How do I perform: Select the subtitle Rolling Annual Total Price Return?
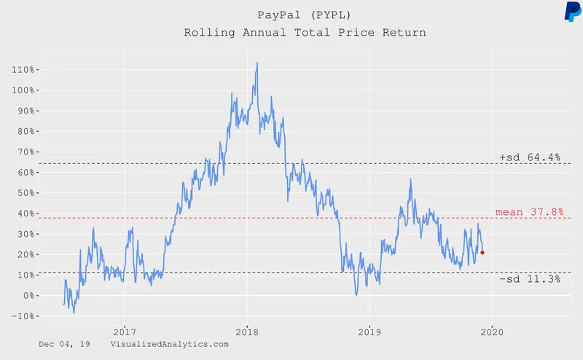304,33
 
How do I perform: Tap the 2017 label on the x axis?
125,328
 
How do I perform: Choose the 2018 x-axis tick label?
247,328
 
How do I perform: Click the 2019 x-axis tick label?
369,328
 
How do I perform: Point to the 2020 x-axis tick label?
492,328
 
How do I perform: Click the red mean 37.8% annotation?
530,211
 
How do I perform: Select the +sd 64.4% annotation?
530,157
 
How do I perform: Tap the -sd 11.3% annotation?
530,279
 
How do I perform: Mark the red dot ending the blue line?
482,253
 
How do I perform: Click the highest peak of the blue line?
257,63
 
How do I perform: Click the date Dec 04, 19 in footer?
65,343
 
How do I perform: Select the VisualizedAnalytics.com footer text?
170,343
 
